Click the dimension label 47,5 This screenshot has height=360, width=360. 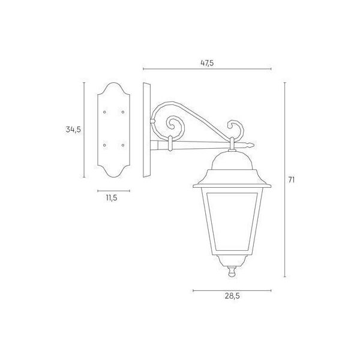click(x=206, y=61)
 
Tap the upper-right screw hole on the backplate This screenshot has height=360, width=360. click(x=123, y=112)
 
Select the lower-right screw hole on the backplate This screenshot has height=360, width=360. click(x=123, y=145)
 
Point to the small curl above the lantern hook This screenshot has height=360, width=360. click(x=238, y=128)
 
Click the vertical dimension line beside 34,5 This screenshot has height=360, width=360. click(x=85, y=129)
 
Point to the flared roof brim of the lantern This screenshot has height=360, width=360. click(x=230, y=178)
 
